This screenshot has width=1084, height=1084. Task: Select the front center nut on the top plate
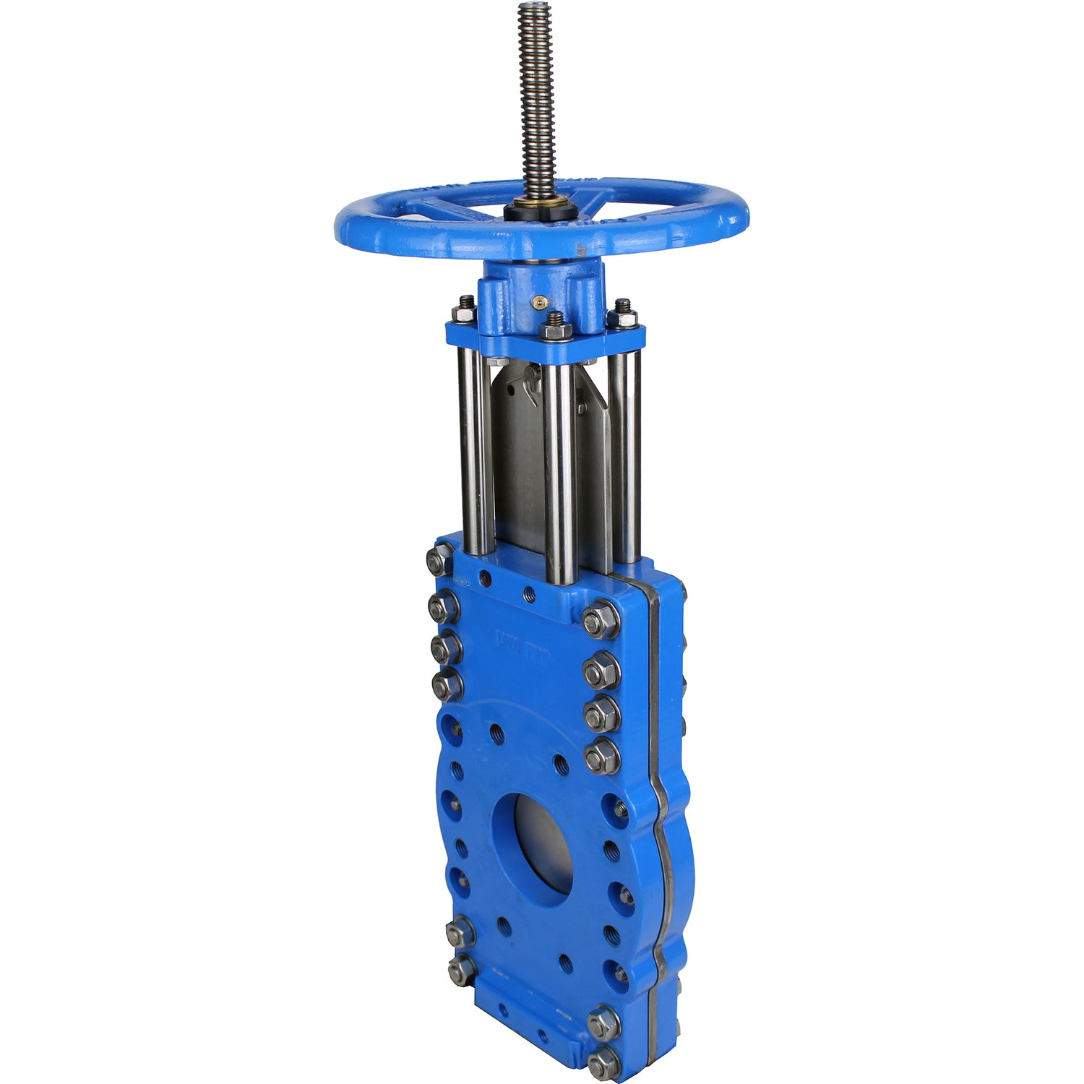coord(555,329)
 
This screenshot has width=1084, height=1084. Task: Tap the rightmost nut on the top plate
coord(623,316)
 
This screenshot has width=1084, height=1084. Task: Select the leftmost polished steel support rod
coord(474,448)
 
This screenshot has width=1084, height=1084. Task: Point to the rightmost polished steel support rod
coord(624,455)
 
